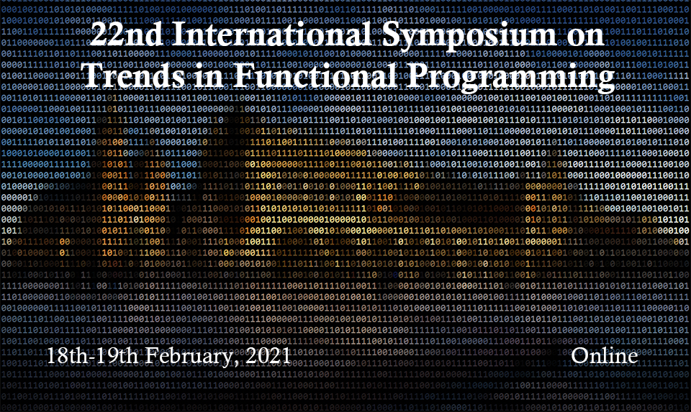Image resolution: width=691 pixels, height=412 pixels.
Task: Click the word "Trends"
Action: coord(133,74)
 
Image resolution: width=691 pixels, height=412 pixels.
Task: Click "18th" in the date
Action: coord(67,356)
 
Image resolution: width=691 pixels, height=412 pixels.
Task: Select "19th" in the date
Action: coord(117,356)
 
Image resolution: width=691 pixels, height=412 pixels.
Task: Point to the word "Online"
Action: coord(605,356)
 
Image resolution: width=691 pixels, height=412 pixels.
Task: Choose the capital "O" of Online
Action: coord(581,356)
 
